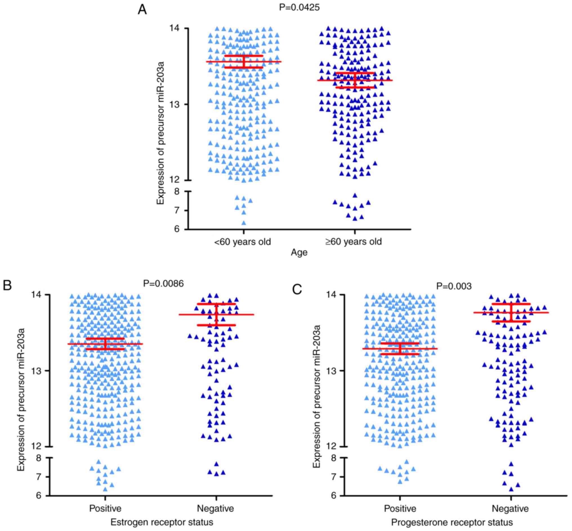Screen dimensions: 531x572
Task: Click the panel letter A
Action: click(x=142, y=10)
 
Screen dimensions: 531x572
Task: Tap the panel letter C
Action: click(x=297, y=289)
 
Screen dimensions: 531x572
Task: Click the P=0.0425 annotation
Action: click(x=299, y=8)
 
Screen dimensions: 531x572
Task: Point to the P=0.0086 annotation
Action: click(x=163, y=284)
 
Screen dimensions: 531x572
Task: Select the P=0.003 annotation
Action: click(x=454, y=286)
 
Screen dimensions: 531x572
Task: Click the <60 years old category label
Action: click(x=242, y=242)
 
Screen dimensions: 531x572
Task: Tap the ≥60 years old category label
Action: click(x=353, y=242)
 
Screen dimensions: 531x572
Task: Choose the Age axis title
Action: click(x=299, y=252)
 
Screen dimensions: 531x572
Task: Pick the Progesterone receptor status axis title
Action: click(x=452, y=522)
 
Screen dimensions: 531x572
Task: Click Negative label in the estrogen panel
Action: click(x=215, y=508)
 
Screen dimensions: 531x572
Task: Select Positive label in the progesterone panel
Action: click(x=400, y=508)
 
